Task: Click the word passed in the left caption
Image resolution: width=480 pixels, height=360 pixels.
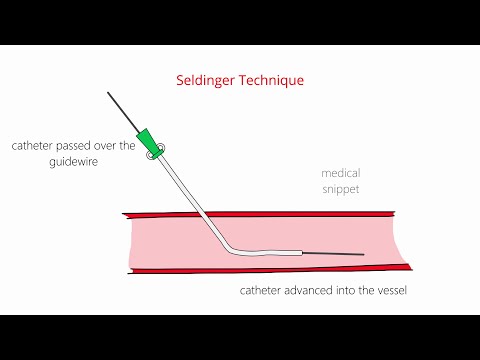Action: coord(78,146)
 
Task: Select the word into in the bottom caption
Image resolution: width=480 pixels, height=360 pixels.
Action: coord(342,291)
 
